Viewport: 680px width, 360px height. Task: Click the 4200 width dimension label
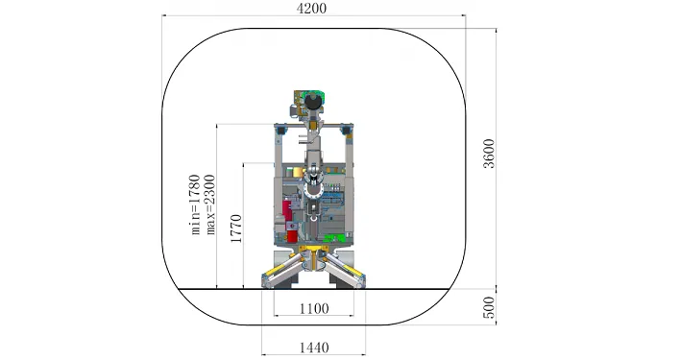(x=311, y=9)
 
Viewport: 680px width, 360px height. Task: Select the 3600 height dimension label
(x=489, y=154)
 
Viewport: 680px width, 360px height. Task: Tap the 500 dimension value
(x=489, y=307)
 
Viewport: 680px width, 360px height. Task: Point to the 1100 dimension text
(x=314, y=309)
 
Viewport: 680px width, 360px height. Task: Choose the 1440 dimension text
(x=314, y=348)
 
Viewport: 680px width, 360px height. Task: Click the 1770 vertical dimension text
(x=236, y=228)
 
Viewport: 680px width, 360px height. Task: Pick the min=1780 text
(x=196, y=204)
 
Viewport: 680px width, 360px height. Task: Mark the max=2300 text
(x=210, y=204)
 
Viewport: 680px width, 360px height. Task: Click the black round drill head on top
(x=312, y=102)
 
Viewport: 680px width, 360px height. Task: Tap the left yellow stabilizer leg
(x=282, y=270)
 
